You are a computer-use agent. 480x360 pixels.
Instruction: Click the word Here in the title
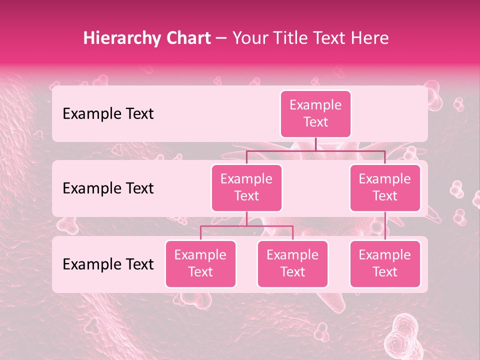[x=369, y=38]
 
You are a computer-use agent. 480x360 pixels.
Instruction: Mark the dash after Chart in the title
[x=221, y=39]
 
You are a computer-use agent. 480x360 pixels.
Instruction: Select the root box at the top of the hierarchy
[x=315, y=113]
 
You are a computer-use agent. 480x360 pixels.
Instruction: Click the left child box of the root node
[x=246, y=187]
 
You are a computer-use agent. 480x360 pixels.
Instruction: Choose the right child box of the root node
[x=385, y=187]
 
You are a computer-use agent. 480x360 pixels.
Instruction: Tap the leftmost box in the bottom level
[x=200, y=263]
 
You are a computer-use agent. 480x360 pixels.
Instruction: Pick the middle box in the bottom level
[x=292, y=263]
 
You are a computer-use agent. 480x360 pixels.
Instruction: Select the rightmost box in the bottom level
[x=385, y=263]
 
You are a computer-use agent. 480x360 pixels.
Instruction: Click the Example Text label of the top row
[x=108, y=113]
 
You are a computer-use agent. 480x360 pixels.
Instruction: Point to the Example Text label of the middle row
[x=108, y=188]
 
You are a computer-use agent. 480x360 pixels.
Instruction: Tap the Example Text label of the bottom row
[x=108, y=264]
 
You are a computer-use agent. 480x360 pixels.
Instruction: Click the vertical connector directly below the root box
[x=315, y=144]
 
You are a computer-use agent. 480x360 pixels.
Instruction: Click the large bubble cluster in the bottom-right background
[x=403, y=335]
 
